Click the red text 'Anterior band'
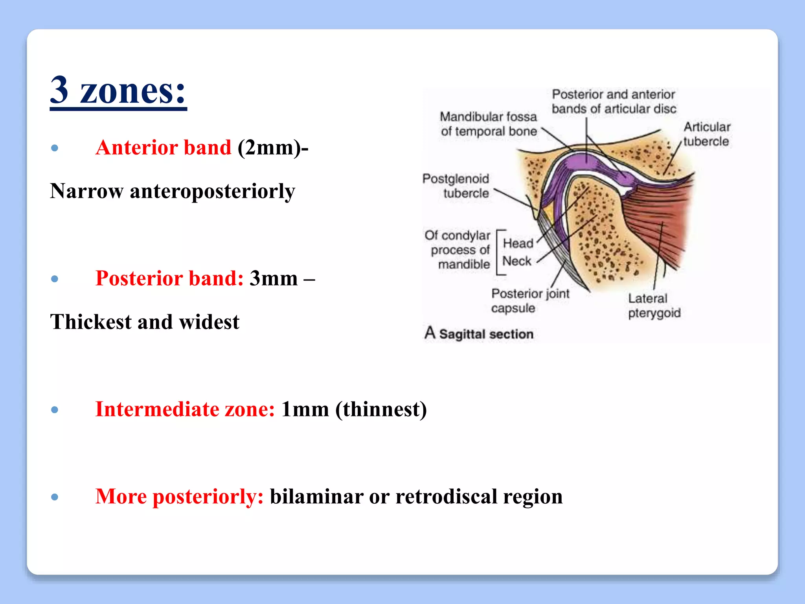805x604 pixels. (x=163, y=148)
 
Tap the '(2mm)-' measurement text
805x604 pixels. (x=273, y=148)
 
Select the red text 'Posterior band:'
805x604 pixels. (x=169, y=279)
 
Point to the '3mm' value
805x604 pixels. (x=274, y=279)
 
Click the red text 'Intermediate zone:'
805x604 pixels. (x=185, y=409)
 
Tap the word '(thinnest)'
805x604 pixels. (x=381, y=409)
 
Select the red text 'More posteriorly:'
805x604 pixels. (x=179, y=497)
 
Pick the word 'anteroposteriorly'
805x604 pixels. (x=212, y=192)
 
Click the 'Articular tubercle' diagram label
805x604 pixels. (x=706, y=134)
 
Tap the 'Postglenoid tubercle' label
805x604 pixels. (x=456, y=186)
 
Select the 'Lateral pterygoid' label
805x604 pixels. (x=654, y=306)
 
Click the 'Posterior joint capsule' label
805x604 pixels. (x=530, y=301)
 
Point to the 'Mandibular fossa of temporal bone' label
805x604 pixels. (x=488, y=124)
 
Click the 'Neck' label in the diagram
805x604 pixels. (x=516, y=261)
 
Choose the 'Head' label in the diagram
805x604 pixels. (x=518, y=243)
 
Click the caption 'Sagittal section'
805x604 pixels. (x=486, y=334)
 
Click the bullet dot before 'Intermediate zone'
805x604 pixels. (x=55, y=410)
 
